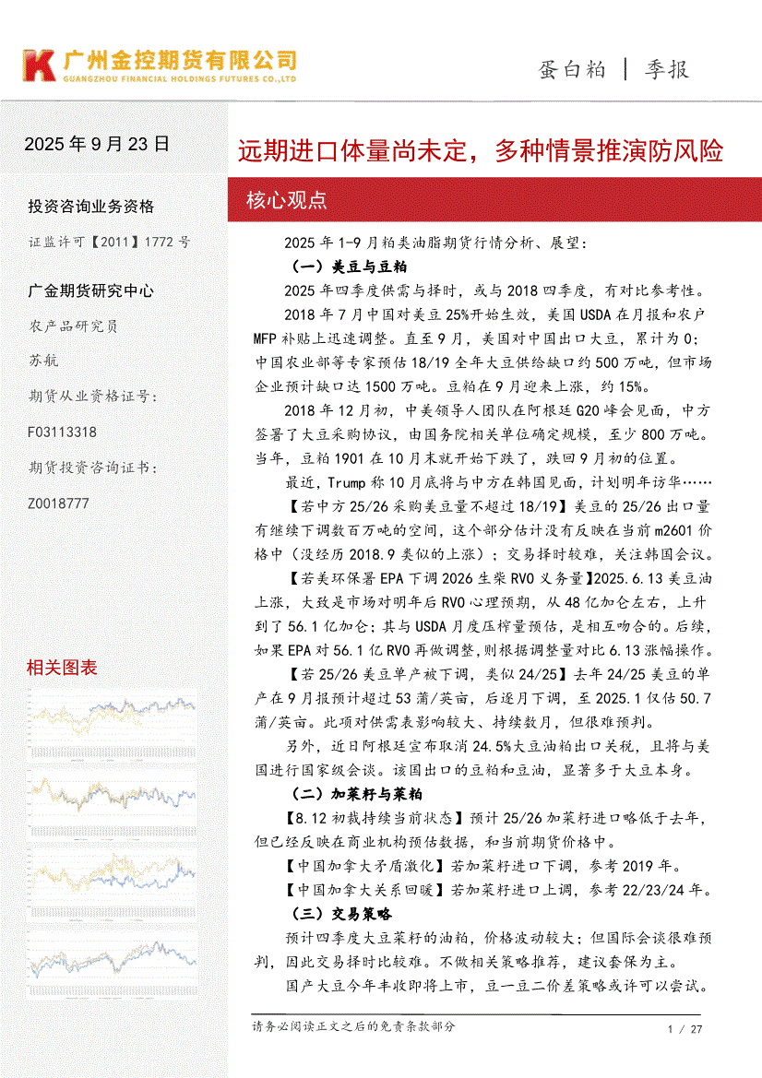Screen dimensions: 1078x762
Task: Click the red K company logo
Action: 40,65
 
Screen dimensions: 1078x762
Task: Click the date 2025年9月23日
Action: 97,144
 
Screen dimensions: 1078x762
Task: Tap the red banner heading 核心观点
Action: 286,200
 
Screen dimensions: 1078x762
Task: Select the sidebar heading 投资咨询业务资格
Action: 90,206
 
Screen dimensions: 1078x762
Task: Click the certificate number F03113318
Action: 63,432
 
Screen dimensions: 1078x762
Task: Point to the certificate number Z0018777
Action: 59,503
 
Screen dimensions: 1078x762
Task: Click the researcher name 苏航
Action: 43,361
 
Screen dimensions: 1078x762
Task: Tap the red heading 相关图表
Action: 62,668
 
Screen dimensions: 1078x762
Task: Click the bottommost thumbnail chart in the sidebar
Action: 112,955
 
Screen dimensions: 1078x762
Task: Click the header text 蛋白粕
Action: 572,69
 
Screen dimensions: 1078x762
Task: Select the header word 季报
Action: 666,69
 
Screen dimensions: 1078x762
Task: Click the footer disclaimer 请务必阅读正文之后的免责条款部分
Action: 353,1026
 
